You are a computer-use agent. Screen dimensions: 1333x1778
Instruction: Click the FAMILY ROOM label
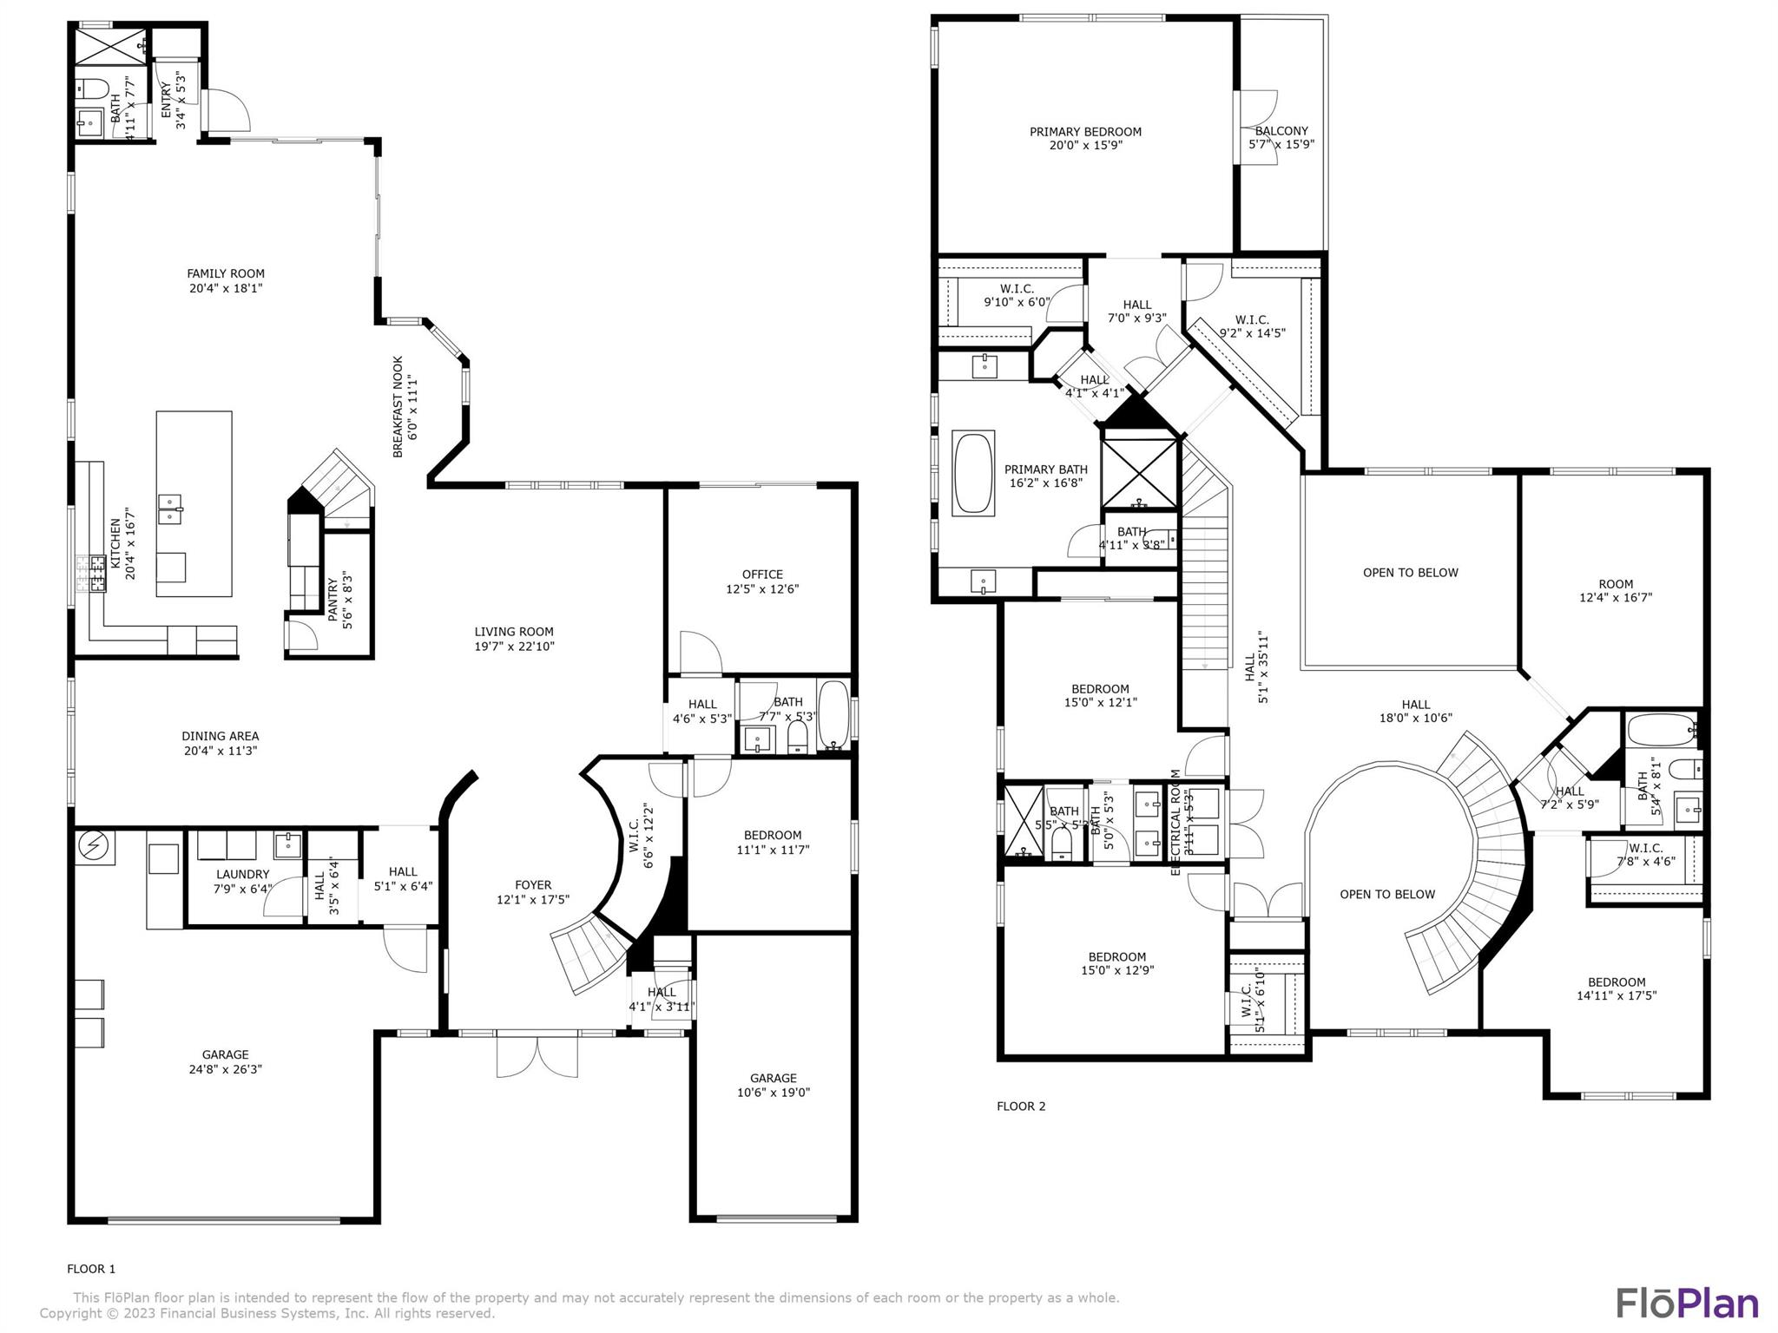point(226,273)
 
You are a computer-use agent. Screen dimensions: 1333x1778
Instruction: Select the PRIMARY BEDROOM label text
point(1085,132)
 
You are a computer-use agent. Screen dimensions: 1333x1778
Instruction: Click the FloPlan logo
point(1686,1303)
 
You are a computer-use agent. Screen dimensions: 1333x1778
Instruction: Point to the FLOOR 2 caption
point(1021,1106)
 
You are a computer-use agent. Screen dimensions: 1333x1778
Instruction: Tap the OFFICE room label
point(762,575)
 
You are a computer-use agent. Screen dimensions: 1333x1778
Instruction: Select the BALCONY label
point(1281,131)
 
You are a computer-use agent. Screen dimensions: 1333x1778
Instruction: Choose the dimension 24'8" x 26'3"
point(226,1069)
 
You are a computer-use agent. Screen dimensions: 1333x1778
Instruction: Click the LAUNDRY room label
point(242,874)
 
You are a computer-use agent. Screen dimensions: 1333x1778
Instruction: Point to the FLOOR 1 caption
point(91,1269)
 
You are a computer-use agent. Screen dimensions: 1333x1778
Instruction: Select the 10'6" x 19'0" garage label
point(774,1093)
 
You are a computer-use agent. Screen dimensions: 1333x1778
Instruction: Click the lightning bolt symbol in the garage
point(93,847)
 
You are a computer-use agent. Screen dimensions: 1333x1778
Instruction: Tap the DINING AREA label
point(221,736)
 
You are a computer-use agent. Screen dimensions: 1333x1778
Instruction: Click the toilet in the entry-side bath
point(91,88)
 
